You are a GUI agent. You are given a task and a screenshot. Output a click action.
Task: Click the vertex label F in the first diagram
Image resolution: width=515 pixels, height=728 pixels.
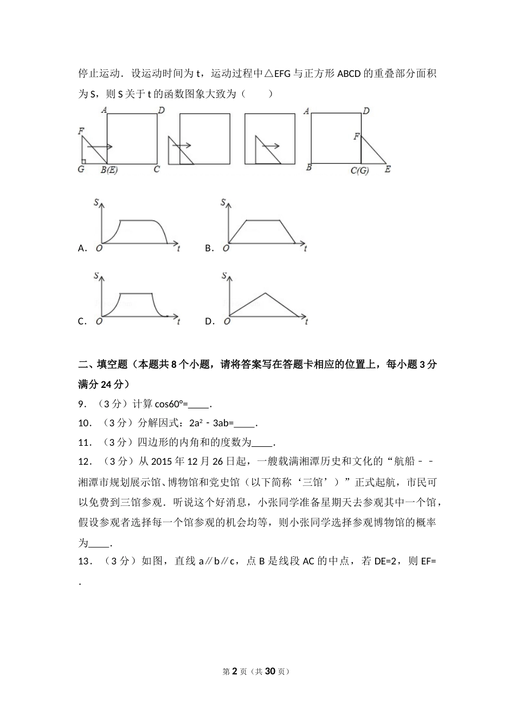click(x=81, y=131)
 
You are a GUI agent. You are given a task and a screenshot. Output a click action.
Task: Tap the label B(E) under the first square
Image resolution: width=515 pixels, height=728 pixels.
click(x=110, y=170)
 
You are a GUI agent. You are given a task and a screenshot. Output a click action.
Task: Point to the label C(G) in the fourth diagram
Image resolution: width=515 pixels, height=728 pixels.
click(x=359, y=171)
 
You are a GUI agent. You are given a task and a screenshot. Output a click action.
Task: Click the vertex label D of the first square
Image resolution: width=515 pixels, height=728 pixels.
click(x=160, y=111)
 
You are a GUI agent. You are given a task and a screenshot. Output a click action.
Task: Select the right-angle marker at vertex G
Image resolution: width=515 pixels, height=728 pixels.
click(x=84, y=161)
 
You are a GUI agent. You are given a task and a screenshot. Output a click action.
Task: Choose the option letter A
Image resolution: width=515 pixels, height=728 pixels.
click(x=82, y=249)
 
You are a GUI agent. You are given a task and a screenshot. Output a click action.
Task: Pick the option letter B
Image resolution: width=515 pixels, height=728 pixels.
click(x=209, y=249)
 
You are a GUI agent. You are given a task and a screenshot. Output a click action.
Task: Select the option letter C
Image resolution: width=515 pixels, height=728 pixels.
click(x=82, y=321)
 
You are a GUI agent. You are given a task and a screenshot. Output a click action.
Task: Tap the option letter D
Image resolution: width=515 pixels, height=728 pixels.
click(x=209, y=321)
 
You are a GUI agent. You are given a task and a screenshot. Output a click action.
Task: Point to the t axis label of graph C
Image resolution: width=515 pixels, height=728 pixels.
click(x=178, y=322)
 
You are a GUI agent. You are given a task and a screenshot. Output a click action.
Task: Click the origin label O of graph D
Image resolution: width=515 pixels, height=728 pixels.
click(x=226, y=322)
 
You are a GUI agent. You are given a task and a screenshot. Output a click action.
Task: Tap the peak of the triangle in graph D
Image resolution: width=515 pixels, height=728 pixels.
click(x=265, y=294)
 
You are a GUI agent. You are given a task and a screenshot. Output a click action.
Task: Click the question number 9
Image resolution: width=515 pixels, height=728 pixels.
click(x=82, y=404)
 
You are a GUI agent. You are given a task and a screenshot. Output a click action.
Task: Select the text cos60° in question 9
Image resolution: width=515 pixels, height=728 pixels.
click(x=171, y=404)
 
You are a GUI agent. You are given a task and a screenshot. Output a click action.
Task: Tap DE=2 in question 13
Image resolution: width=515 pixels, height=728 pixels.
click(x=388, y=561)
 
